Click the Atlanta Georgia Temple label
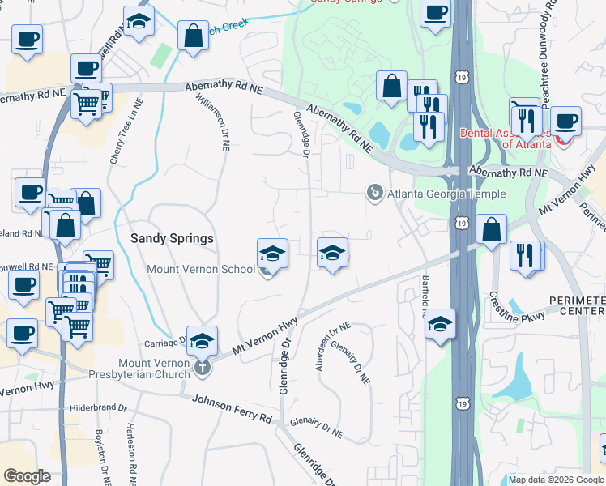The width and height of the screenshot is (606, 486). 446,194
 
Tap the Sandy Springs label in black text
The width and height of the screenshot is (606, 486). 172,238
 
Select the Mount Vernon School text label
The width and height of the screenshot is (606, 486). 200,269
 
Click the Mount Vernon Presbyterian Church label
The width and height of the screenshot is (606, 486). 154,369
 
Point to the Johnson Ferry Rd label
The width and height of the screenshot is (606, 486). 232,409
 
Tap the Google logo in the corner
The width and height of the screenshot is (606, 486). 27,476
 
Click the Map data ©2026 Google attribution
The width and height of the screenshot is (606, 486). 556,480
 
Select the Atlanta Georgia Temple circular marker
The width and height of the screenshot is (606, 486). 374,193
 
